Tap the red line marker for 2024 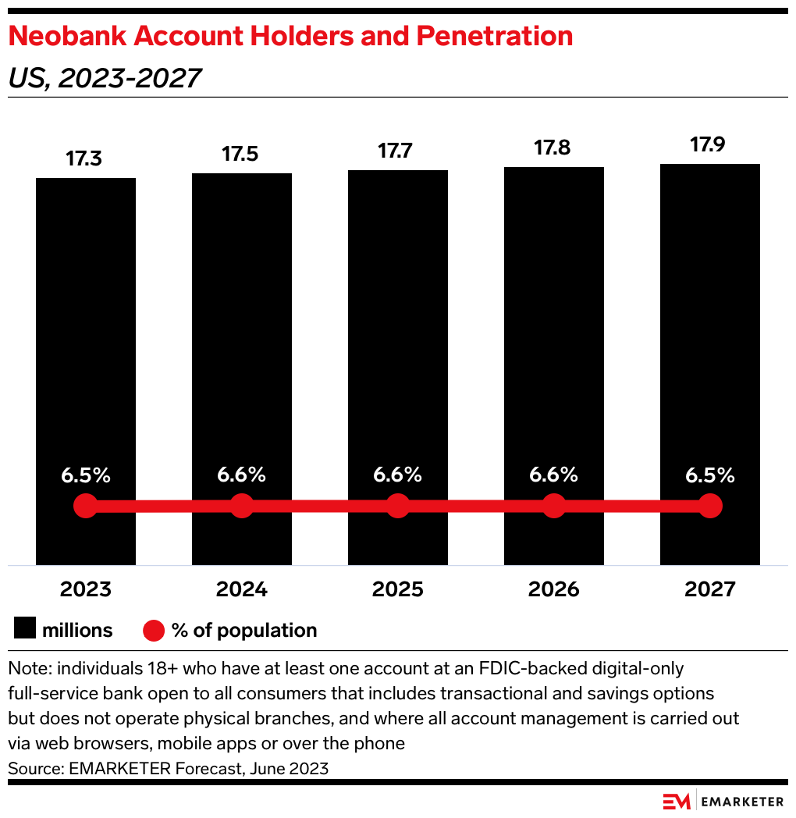point(242,506)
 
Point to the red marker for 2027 point(709,506)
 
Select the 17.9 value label point(709,145)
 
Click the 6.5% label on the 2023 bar point(86,475)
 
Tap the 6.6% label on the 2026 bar point(554,475)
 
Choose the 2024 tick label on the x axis point(242,589)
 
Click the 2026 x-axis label point(554,589)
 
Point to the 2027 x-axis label point(709,589)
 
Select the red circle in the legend point(154,630)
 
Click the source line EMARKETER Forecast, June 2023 point(168,768)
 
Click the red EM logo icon point(677,801)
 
